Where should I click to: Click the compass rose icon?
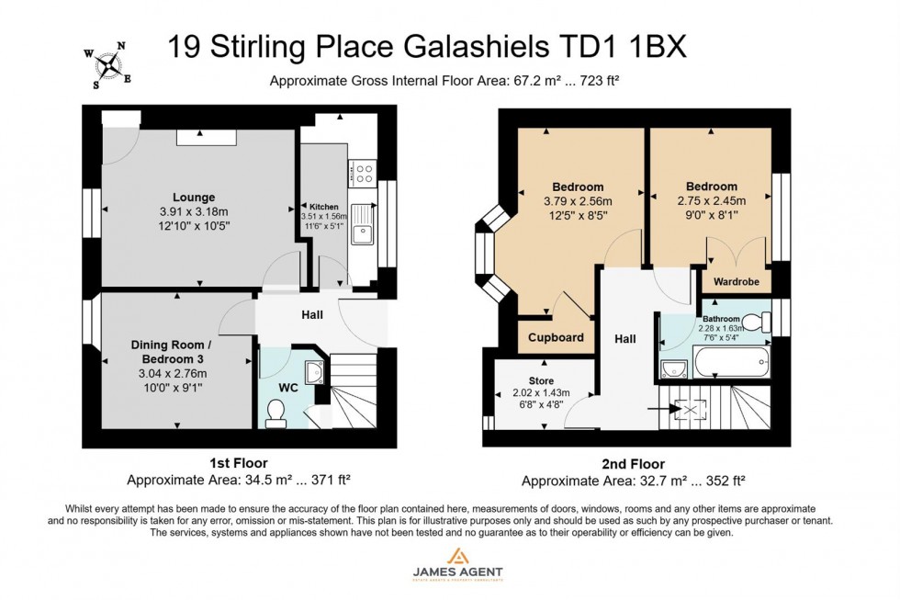tap(108, 65)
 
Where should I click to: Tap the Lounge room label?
tap(193, 197)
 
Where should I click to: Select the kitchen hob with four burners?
tap(363, 171)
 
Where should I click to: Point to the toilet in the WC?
tap(275, 416)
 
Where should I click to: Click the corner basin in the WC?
tap(312, 369)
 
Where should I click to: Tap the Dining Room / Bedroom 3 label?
tap(174, 351)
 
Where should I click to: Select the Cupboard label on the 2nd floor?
tap(556, 337)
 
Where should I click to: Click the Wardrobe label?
tap(737, 282)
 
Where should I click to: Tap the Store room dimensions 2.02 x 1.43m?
tap(541, 393)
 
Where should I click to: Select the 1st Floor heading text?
tap(238, 463)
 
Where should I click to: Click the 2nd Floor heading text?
tap(634, 464)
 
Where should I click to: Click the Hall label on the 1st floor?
tap(312, 315)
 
